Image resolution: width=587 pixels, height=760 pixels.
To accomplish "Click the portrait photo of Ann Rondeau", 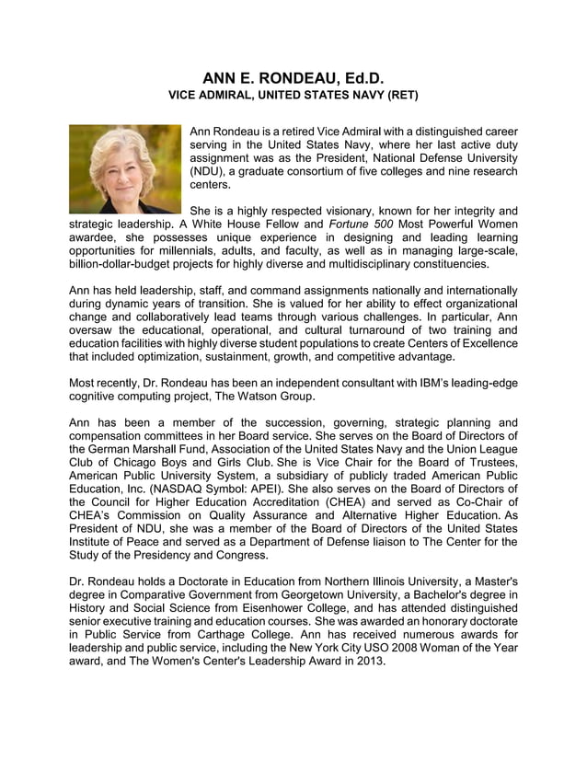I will [125, 168].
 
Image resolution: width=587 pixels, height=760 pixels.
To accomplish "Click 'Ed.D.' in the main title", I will [353, 79].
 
